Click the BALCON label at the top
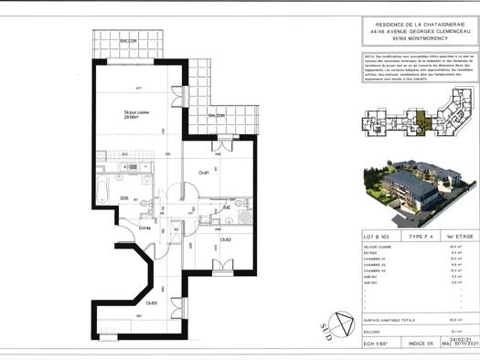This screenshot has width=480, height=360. point(128,42)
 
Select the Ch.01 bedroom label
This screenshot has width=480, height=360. point(204,173)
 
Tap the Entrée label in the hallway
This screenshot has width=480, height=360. point(144,228)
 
